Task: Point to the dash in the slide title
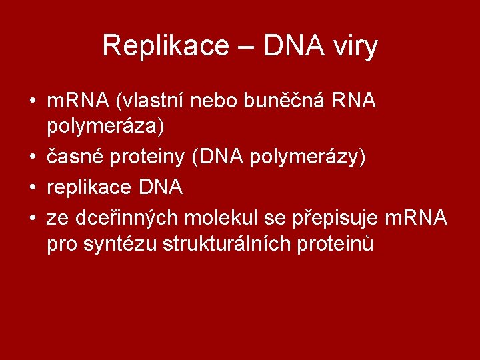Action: (244, 47)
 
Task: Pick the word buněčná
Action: (289, 102)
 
